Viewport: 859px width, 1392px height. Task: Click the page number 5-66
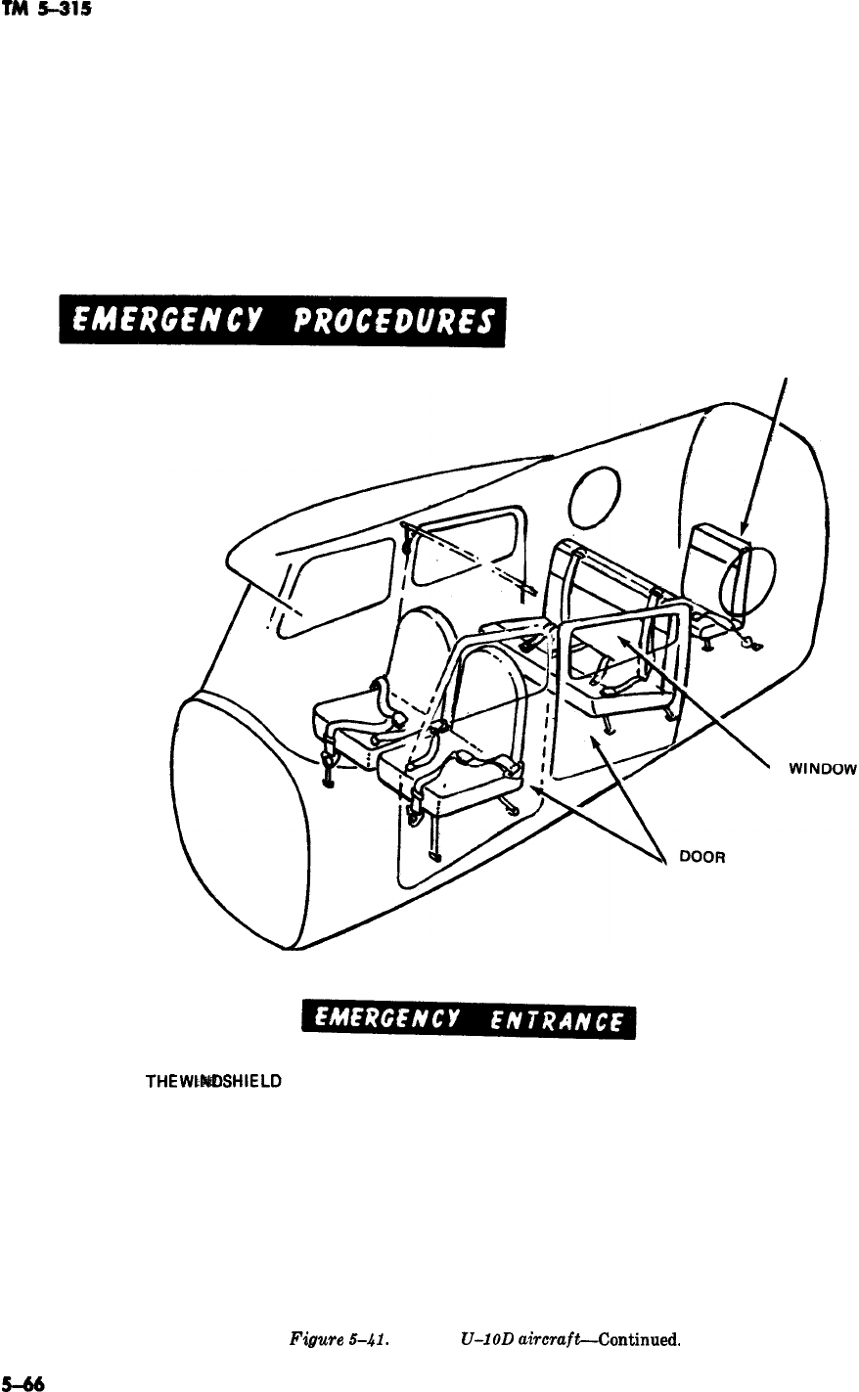(22, 1383)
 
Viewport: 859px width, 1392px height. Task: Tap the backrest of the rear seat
(716, 562)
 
